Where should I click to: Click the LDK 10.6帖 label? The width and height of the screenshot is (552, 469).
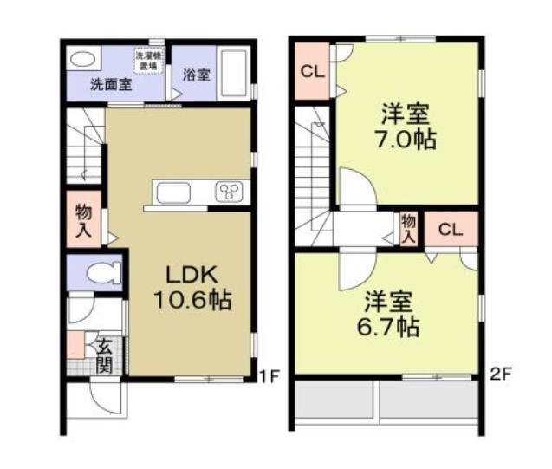[192, 288]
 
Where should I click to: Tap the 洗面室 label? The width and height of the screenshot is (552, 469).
[112, 85]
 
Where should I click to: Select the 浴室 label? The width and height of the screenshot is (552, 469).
[196, 75]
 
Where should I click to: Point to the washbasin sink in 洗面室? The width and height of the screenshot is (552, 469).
[83, 58]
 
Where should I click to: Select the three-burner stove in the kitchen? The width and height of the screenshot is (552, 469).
[231, 192]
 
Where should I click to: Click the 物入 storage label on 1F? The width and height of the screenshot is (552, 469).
[84, 219]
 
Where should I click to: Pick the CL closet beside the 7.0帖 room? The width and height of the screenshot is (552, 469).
[311, 72]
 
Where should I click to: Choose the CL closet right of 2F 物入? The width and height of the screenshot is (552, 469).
[449, 230]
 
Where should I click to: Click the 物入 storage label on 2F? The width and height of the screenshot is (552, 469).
[408, 229]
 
